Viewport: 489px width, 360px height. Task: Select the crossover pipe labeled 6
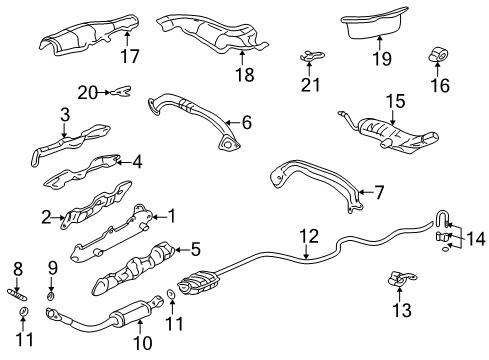pos(190,109)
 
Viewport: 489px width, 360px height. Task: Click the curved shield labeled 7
pos(310,189)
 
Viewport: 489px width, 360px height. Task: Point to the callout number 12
pos(311,265)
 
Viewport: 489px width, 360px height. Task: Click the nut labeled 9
pos(51,297)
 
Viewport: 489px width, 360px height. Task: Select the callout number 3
pos(64,116)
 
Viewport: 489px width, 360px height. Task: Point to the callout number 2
pos(46,215)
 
